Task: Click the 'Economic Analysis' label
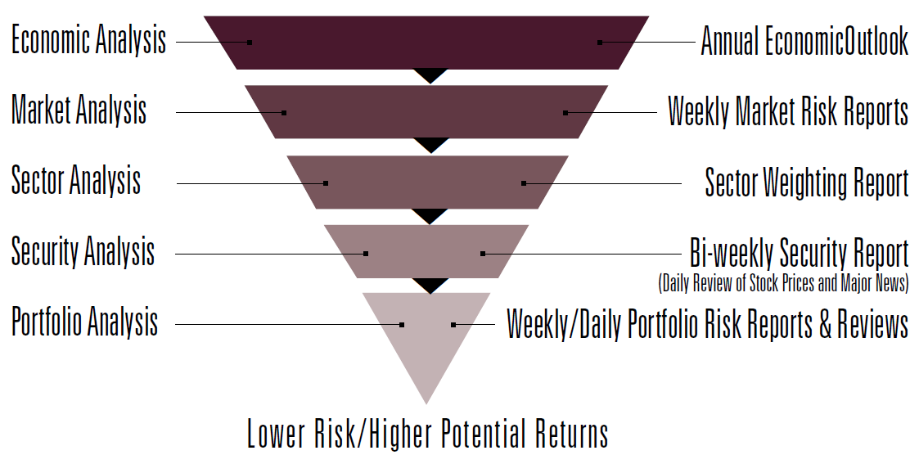tap(89, 41)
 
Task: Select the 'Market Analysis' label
tap(79, 110)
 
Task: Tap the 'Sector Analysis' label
tap(76, 180)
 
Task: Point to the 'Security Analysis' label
tap(83, 252)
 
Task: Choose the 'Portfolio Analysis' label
tap(85, 322)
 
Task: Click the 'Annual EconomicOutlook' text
tap(804, 42)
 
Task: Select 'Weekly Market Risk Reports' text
tap(788, 111)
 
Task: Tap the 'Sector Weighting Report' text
tap(806, 182)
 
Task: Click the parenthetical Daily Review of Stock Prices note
tap(784, 283)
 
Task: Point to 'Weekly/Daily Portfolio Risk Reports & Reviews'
tap(708, 323)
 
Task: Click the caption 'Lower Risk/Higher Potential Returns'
tap(428, 434)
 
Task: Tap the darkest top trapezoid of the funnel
tap(426, 43)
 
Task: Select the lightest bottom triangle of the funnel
tap(426, 334)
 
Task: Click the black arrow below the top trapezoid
tap(430, 76)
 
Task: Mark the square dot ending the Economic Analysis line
tap(250, 43)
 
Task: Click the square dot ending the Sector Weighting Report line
tap(524, 183)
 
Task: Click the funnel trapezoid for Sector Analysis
tap(428, 182)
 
